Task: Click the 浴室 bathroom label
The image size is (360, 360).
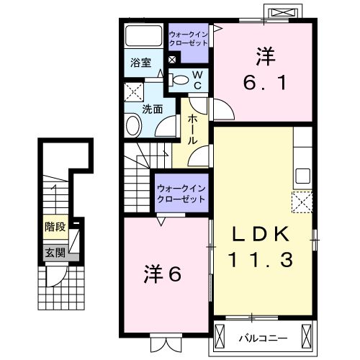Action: click(140, 63)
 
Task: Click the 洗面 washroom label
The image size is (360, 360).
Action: click(151, 110)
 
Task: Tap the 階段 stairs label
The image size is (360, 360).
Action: click(55, 226)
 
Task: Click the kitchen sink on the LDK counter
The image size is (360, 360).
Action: click(302, 175)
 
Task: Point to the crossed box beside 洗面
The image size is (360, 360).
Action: click(132, 91)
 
